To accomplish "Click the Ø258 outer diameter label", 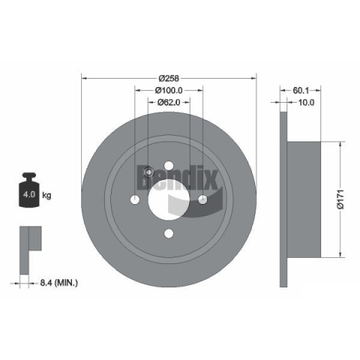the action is tap(169, 79).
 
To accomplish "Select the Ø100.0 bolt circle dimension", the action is tap(169, 90).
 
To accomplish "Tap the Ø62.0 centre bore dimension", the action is tap(169, 102).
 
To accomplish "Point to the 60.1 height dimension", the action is tap(301, 90).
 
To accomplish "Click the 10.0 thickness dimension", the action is tap(306, 102).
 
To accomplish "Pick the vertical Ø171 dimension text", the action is tap(341, 199).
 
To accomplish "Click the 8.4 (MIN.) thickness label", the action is tap(58, 283).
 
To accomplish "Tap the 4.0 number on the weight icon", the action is tap(29, 194).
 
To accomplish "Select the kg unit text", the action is tap(46, 195).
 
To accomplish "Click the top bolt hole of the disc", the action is tap(169, 166).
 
